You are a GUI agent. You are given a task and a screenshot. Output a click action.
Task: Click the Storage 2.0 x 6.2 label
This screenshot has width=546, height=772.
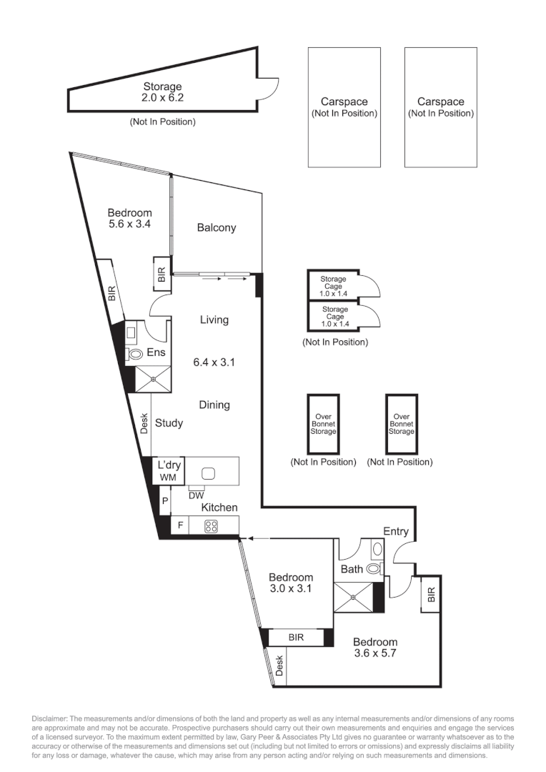pyautogui.click(x=162, y=93)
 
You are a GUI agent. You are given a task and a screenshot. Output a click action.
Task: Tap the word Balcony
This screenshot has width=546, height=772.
pyautogui.click(x=216, y=228)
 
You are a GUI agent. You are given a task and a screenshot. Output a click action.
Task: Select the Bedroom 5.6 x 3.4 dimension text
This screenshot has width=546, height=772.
pyautogui.click(x=129, y=224)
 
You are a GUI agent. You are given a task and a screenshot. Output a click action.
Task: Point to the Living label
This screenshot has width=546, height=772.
pyautogui.click(x=214, y=320)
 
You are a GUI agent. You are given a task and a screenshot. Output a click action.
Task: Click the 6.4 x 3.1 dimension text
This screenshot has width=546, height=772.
pyautogui.click(x=214, y=362)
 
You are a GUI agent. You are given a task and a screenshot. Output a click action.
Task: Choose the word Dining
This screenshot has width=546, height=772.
pyautogui.click(x=214, y=405)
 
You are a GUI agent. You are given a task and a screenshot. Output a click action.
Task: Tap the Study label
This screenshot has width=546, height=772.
pyautogui.click(x=169, y=422)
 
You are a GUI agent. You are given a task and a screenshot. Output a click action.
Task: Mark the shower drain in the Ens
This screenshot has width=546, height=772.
pyautogui.click(x=152, y=380)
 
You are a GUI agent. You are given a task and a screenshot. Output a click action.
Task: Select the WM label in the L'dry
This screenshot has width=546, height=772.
pyautogui.click(x=169, y=477)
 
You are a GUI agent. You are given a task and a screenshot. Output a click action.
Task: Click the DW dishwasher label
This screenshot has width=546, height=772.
pyautogui.click(x=196, y=495)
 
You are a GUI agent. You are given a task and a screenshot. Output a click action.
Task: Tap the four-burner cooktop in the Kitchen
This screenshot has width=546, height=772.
pyautogui.click(x=212, y=526)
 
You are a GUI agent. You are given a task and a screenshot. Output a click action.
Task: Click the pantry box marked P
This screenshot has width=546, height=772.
pyautogui.click(x=164, y=501)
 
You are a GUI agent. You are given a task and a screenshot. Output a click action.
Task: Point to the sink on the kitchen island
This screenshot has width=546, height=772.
pyautogui.click(x=209, y=472)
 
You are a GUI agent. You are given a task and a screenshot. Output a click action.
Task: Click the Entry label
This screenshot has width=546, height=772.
pyautogui.click(x=396, y=531)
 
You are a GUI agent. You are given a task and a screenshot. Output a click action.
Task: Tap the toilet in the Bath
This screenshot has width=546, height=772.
pyautogui.click(x=373, y=569)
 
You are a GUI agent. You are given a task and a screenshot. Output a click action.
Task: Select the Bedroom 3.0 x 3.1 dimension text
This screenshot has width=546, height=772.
pyautogui.click(x=291, y=589)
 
